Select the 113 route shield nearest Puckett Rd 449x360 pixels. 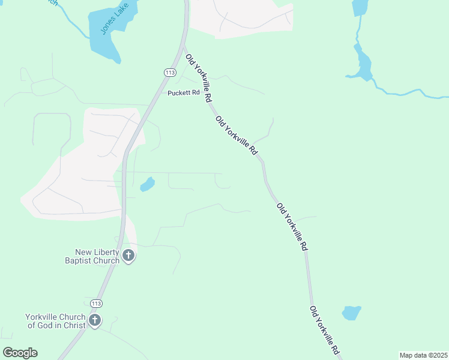point(170,72)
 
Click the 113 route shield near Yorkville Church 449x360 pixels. point(96,304)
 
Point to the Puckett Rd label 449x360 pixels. point(183,92)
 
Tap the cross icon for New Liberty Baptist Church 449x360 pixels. point(128,256)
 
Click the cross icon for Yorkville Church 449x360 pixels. point(95,320)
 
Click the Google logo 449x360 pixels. point(20,353)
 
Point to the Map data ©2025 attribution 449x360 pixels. point(423,355)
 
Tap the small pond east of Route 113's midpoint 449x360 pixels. point(147,184)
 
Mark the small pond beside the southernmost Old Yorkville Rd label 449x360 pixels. point(351,313)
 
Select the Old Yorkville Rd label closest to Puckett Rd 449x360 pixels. point(199,78)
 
